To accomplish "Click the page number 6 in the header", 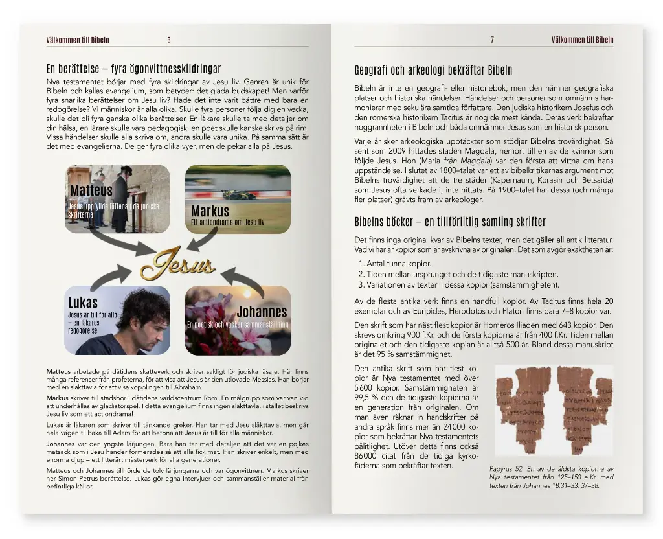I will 169,40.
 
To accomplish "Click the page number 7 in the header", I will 492,40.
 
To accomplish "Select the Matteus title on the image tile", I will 91,190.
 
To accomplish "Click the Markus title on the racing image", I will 210,211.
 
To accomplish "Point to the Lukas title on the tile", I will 83,303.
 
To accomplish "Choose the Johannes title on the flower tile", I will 262,312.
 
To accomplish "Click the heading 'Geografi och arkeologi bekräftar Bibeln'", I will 433,71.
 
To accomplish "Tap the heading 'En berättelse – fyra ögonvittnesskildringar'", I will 133,68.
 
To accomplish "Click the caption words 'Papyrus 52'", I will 502,469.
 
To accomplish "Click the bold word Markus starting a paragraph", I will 57,398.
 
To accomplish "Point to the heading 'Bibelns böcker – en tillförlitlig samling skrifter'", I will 450,222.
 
